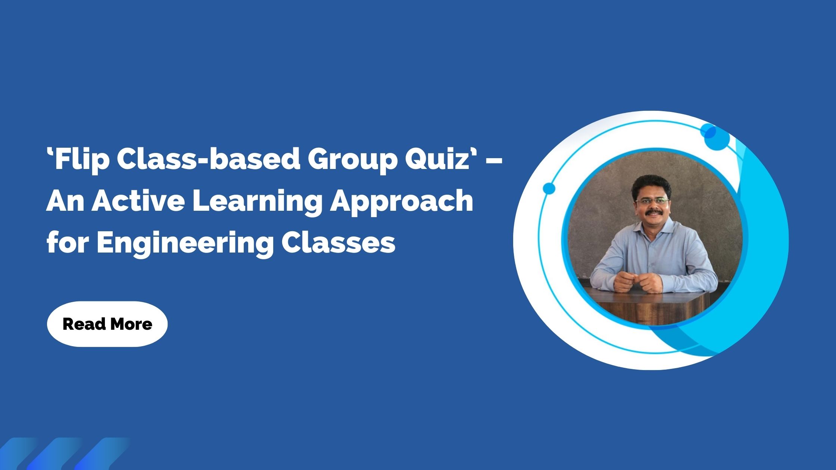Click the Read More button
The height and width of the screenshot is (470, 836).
107,324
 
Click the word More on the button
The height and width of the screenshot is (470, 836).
131,324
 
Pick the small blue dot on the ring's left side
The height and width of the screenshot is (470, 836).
549,188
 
